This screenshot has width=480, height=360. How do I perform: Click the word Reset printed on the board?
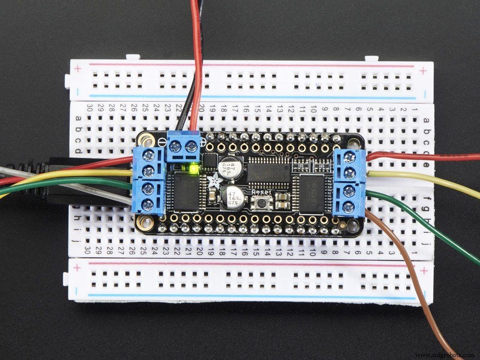261,192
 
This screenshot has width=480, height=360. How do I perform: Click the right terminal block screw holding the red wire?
350,157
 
